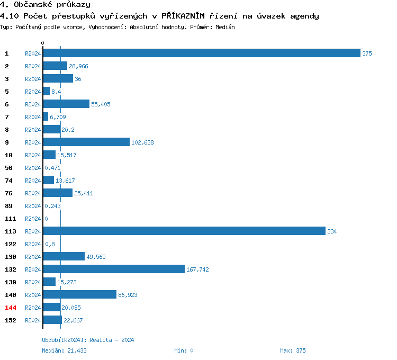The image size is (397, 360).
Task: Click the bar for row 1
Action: click(201, 53)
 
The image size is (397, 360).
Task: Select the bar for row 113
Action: click(184, 231)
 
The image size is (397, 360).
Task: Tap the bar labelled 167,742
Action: click(114, 269)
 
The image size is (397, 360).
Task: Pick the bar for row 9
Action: click(86, 142)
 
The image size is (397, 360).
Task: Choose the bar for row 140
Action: click(79, 294)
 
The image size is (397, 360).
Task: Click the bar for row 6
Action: click(66, 104)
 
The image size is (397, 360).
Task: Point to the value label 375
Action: click(367, 53)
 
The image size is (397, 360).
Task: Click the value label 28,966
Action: click(78, 66)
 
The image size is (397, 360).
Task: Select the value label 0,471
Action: click(52, 168)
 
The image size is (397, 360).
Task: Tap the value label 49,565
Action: click(96, 257)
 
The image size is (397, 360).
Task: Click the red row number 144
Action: click(11, 307)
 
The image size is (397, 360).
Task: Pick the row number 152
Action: click(11, 320)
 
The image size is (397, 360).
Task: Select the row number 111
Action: click(11, 218)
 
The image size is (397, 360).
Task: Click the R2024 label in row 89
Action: click(33, 206)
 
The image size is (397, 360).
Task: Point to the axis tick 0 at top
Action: click(43, 43)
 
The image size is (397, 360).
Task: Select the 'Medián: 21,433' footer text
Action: click(64, 350)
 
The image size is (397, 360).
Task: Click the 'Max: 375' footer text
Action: click(293, 350)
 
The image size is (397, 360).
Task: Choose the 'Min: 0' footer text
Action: click(184, 350)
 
